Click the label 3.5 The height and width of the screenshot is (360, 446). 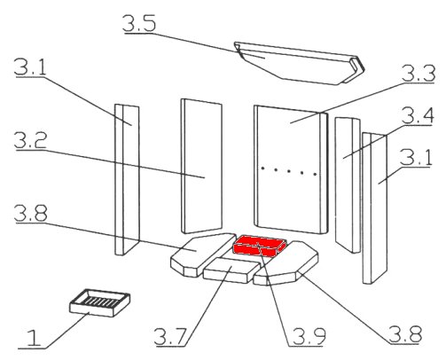[x=139, y=23]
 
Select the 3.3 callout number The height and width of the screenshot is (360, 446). [x=419, y=74]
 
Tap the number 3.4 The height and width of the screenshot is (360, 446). [x=418, y=115]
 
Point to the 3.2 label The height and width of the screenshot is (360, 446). [x=30, y=140]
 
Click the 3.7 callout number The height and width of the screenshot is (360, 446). [x=170, y=336]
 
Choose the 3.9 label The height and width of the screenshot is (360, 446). [x=309, y=336]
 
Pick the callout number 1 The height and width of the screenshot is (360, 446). [x=34, y=338]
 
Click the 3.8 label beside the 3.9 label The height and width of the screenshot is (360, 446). [x=405, y=334]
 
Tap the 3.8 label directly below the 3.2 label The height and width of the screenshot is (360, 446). [x=30, y=213]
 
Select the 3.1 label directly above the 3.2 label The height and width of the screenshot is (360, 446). [x=30, y=67]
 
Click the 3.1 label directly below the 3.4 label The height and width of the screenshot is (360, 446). [x=416, y=157]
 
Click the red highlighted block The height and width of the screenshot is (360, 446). [x=260, y=246]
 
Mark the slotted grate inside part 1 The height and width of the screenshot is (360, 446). [x=99, y=302]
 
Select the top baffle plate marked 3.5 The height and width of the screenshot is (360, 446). [x=299, y=63]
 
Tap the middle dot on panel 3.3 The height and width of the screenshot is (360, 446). [x=289, y=171]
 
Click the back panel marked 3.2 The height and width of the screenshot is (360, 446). [x=201, y=166]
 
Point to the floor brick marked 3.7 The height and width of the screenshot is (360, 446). [x=231, y=270]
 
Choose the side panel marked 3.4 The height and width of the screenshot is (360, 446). [x=348, y=184]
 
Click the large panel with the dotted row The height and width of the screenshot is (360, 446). [x=291, y=169]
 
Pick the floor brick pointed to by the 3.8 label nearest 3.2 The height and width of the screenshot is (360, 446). [x=202, y=254]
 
